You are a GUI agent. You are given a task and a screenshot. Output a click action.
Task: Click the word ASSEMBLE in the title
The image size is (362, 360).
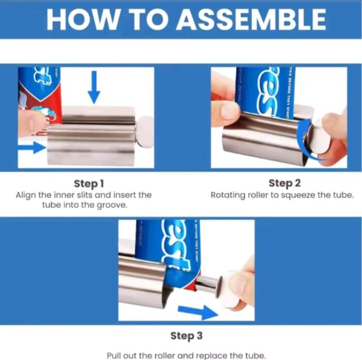251,20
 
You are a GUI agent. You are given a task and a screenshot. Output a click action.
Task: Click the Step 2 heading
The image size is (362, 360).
281,183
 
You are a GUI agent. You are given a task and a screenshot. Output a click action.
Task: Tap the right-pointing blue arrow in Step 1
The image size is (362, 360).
32,148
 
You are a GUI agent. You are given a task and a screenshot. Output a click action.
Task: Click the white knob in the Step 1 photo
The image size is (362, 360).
145,131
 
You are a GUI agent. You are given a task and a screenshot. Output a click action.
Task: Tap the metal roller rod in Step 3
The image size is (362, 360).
207,283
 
